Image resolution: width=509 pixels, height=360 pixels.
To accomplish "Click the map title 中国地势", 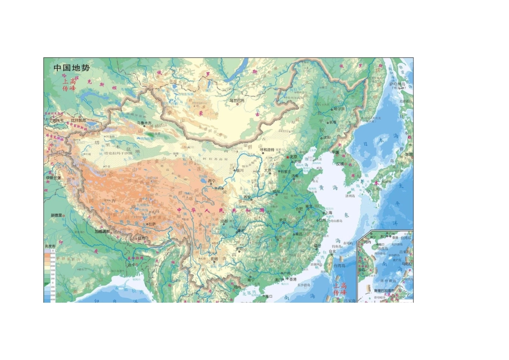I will tap(72, 68).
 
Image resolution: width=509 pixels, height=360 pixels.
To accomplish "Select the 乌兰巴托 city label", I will tap(236, 100).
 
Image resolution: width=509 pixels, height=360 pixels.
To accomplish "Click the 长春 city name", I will tap(333, 122).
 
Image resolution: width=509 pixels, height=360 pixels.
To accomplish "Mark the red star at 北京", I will tap(288, 157).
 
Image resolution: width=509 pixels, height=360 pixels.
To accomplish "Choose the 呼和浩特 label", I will tap(267, 149).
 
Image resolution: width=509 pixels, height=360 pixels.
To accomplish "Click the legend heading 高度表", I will tap(51, 246).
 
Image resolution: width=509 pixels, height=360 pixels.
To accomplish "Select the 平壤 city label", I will tap(336, 152).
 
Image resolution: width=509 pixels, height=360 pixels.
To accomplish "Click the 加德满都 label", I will tap(102, 232).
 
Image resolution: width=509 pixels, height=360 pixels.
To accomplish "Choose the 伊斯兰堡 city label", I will tap(54, 177).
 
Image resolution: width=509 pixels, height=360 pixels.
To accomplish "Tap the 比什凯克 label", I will tap(78, 121).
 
